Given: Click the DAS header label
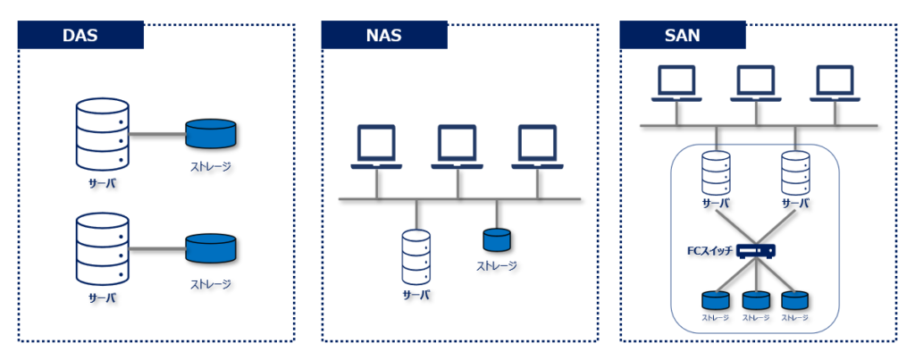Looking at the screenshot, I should (x=80, y=36).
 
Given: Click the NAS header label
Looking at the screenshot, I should (x=383, y=36).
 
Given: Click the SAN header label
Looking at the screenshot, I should (x=682, y=36).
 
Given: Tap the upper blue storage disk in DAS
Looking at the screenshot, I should (x=212, y=134).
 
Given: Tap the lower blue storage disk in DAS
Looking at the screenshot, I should (x=212, y=247).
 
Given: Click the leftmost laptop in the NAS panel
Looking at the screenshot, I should (x=376, y=147).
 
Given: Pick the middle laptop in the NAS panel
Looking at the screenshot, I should (x=457, y=147).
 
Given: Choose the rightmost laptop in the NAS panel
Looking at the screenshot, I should (x=538, y=147).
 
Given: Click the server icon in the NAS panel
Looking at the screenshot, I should (x=416, y=255).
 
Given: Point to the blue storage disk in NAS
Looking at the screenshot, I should (x=497, y=239).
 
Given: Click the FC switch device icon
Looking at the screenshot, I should (x=756, y=251).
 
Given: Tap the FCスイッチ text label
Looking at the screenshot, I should (x=708, y=251).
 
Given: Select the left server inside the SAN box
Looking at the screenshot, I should (x=716, y=172).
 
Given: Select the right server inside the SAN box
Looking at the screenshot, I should (x=795, y=172).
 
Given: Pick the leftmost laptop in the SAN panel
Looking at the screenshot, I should (x=676, y=83).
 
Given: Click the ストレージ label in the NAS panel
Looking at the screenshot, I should (x=497, y=265).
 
